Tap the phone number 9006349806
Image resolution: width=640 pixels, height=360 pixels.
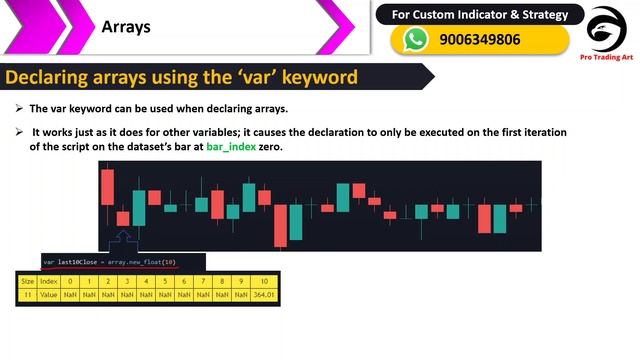479,40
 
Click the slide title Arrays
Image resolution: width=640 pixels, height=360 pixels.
126,27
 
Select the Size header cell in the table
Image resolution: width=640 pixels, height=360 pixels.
27,282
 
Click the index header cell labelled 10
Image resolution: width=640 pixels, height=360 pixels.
263,282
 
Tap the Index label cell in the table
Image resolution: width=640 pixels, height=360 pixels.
48,282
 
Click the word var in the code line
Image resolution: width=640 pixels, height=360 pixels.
48,262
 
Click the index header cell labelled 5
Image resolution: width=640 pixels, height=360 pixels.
165,282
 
